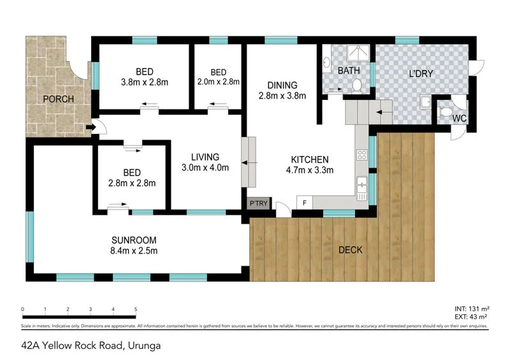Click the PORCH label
pyautogui.click(x=59, y=99)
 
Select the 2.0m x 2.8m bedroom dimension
pyautogui.click(x=218, y=82)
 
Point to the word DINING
pyautogui.click(x=282, y=85)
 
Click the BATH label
pyautogui.click(x=349, y=70)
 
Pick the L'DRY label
pyautogui.click(x=421, y=74)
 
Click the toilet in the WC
pyautogui.click(x=446, y=112)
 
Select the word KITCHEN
pyautogui.click(x=309, y=159)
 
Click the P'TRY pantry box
pyautogui.click(x=258, y=204)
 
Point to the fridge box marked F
pyautogui.click(x=305, y=204)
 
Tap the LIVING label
pyautogui.click(x=205, y=157)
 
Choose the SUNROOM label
pyautogui.click(x=134, y=240)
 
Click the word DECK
pyautogui.click(x=350, y=250)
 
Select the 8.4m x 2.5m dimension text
pyautogui.click(x=134, y=251)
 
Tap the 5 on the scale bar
pyautogui.click(x=136, y=309)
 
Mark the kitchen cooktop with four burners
pyautogui.click(x=361, y=155)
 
